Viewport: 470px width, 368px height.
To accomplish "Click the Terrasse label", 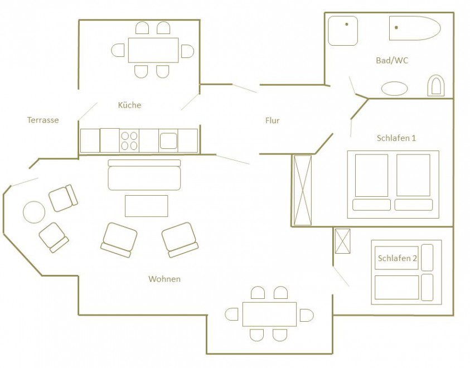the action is tap(43, 120).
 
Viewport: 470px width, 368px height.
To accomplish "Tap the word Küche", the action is tap(129, 105).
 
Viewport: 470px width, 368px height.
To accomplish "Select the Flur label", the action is tap(272, 120).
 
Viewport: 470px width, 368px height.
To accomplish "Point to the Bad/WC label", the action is tap(392, 60).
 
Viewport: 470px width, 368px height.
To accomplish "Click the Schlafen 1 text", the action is tap(396, 138).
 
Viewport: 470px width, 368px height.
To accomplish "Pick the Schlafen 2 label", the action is tap(397, 258).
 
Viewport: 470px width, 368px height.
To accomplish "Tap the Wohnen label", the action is tap(164, 279).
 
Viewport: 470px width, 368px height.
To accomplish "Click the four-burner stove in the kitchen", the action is tap(129, 141).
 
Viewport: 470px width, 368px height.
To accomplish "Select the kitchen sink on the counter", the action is tap(168, 141).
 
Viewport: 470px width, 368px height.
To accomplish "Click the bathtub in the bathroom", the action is tap(415, 28).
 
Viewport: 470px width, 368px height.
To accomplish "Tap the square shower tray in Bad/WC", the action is tap(343, 31).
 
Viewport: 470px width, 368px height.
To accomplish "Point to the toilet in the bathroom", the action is tap(436, 85).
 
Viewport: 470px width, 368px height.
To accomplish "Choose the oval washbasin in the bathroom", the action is tap(395, 89).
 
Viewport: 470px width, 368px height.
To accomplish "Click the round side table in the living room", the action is tap(34, 212).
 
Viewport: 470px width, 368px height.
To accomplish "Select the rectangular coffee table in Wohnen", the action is tap(146, 206).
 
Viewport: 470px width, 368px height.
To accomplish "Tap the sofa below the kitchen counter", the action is tap(144, 175).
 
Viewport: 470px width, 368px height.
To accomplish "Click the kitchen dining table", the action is tap(153, 50).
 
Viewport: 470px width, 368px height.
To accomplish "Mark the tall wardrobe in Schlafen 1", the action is tap(303, 190).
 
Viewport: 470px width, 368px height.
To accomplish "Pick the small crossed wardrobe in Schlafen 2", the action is tap(343, 241).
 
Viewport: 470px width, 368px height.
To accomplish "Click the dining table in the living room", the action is tap(269, 314).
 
